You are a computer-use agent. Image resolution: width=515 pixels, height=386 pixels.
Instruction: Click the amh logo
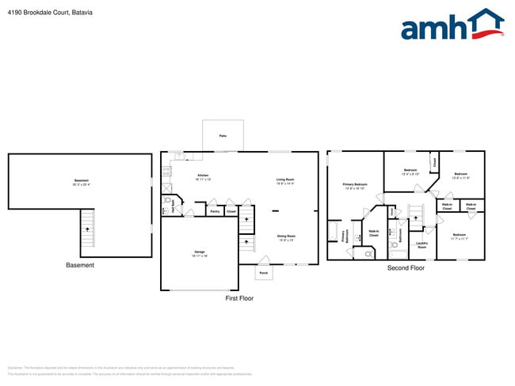click(452, 25)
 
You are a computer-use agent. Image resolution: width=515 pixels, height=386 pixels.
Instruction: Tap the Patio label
click(223, 136)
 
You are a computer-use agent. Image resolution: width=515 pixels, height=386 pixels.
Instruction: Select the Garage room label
click(200, 254)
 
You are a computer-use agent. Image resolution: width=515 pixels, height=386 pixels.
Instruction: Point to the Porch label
click(264, 273)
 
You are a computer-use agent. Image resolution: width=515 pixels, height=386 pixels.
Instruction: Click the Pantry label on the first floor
click(215, 211)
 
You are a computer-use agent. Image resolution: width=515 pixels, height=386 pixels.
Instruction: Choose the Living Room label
click(285, 181)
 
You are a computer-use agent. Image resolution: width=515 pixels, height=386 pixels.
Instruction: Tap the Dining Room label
click(286, 237)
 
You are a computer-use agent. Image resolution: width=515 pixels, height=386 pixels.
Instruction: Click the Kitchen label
click(202, 177)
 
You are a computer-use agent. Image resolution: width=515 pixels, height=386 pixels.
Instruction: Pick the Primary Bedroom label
click(354, 187)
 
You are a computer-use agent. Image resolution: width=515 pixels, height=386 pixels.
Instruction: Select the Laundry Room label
click(422, 246)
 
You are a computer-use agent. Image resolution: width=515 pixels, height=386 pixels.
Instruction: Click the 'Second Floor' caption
click(406, 268)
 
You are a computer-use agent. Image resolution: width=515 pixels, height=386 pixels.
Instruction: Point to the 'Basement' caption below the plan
click(79, 265)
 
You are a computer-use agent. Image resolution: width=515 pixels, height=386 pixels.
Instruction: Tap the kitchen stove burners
click(166, 169)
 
